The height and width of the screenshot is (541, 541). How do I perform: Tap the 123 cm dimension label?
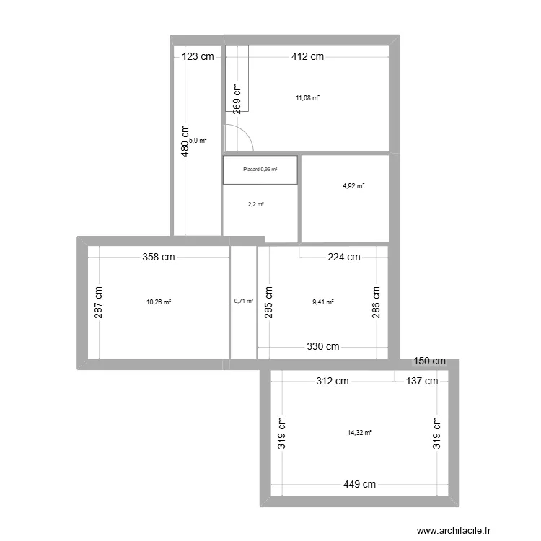[198, 58]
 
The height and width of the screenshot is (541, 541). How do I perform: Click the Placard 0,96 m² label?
[260, 170]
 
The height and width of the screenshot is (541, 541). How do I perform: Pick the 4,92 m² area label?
[353, 186]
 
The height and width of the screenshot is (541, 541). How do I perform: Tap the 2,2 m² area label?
[255, 204]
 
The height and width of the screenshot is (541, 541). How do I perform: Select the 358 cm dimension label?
[158, 257]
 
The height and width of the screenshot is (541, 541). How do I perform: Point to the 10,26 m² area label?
[158, 302]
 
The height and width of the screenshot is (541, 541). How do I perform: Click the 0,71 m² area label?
[244, 302]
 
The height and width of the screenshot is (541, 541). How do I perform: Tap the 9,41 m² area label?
[322, 303]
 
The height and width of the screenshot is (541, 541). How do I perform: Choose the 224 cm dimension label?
[343, 257]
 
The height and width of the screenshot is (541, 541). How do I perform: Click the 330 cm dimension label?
[322, 347]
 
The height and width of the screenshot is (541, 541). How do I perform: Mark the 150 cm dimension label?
[429, 361]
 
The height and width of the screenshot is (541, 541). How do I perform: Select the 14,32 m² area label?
[359, 433]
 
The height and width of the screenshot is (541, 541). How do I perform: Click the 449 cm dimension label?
[359, 485]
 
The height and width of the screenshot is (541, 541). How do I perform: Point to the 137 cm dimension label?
[421, 381]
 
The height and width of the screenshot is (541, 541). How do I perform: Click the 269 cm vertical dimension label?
[237, 97]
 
